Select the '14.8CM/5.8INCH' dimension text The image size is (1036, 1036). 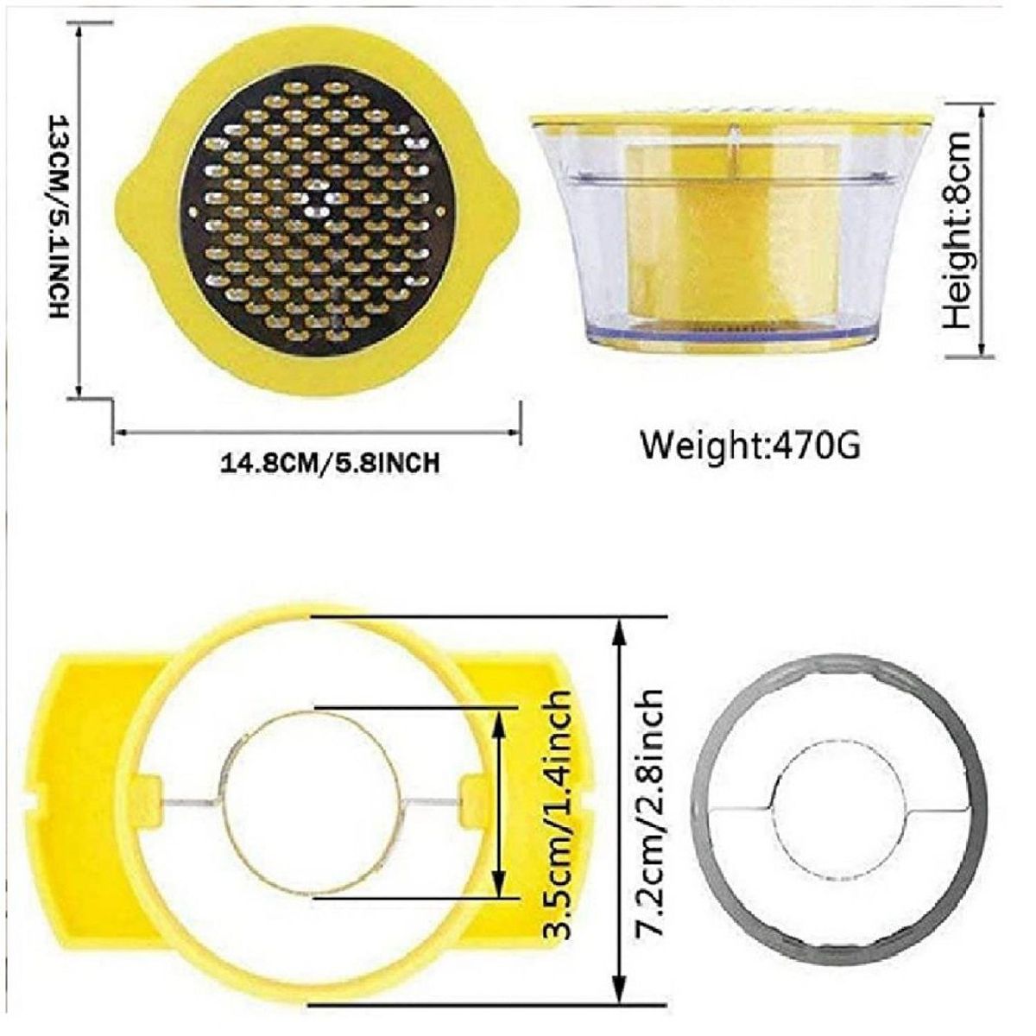(x=330, y=464)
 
